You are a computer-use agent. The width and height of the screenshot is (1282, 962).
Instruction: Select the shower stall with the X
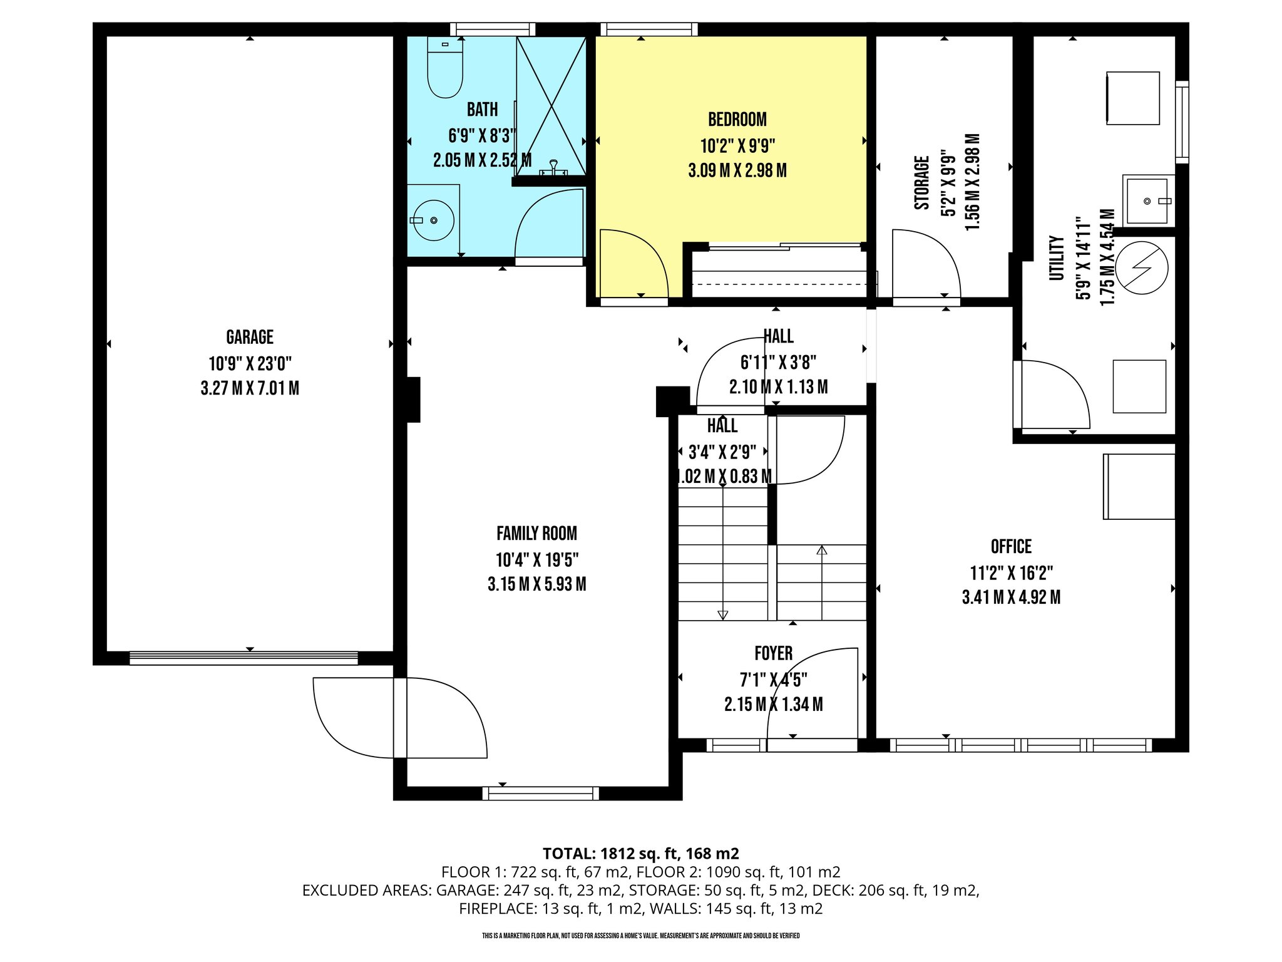point(551,105)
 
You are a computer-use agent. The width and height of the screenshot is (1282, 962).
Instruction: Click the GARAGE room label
point(250,338)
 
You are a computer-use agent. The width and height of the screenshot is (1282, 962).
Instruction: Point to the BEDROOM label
point(737,120)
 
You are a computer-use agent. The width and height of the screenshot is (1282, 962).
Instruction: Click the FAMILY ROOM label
point(537,534)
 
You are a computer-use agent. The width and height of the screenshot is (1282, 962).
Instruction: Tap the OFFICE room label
point(1011,547)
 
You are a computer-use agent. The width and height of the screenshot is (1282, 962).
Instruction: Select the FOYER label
point(774,654)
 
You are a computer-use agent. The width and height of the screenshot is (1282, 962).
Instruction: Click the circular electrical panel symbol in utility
point(1142,268)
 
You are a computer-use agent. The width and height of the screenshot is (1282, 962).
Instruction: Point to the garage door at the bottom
point(244,658)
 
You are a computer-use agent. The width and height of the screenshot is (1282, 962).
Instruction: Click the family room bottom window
point(541,794)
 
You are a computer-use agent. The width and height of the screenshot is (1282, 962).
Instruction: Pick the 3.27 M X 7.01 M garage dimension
point(250,388)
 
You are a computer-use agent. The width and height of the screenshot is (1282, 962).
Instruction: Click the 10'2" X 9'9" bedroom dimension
point(737,146)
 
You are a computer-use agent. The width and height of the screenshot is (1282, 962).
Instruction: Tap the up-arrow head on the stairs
point(822,550)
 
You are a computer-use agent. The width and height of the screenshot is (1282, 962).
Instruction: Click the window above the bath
point(493,29)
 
